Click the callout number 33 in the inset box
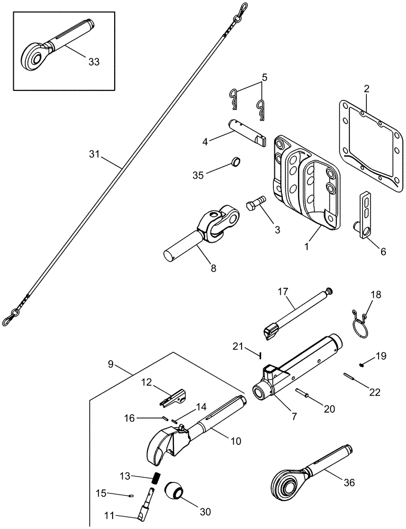click(x=94, y=62)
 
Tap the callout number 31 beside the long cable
click(x=95, y=154)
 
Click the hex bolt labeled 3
click(x=255, y=204)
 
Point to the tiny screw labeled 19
click(x=362, y=364)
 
